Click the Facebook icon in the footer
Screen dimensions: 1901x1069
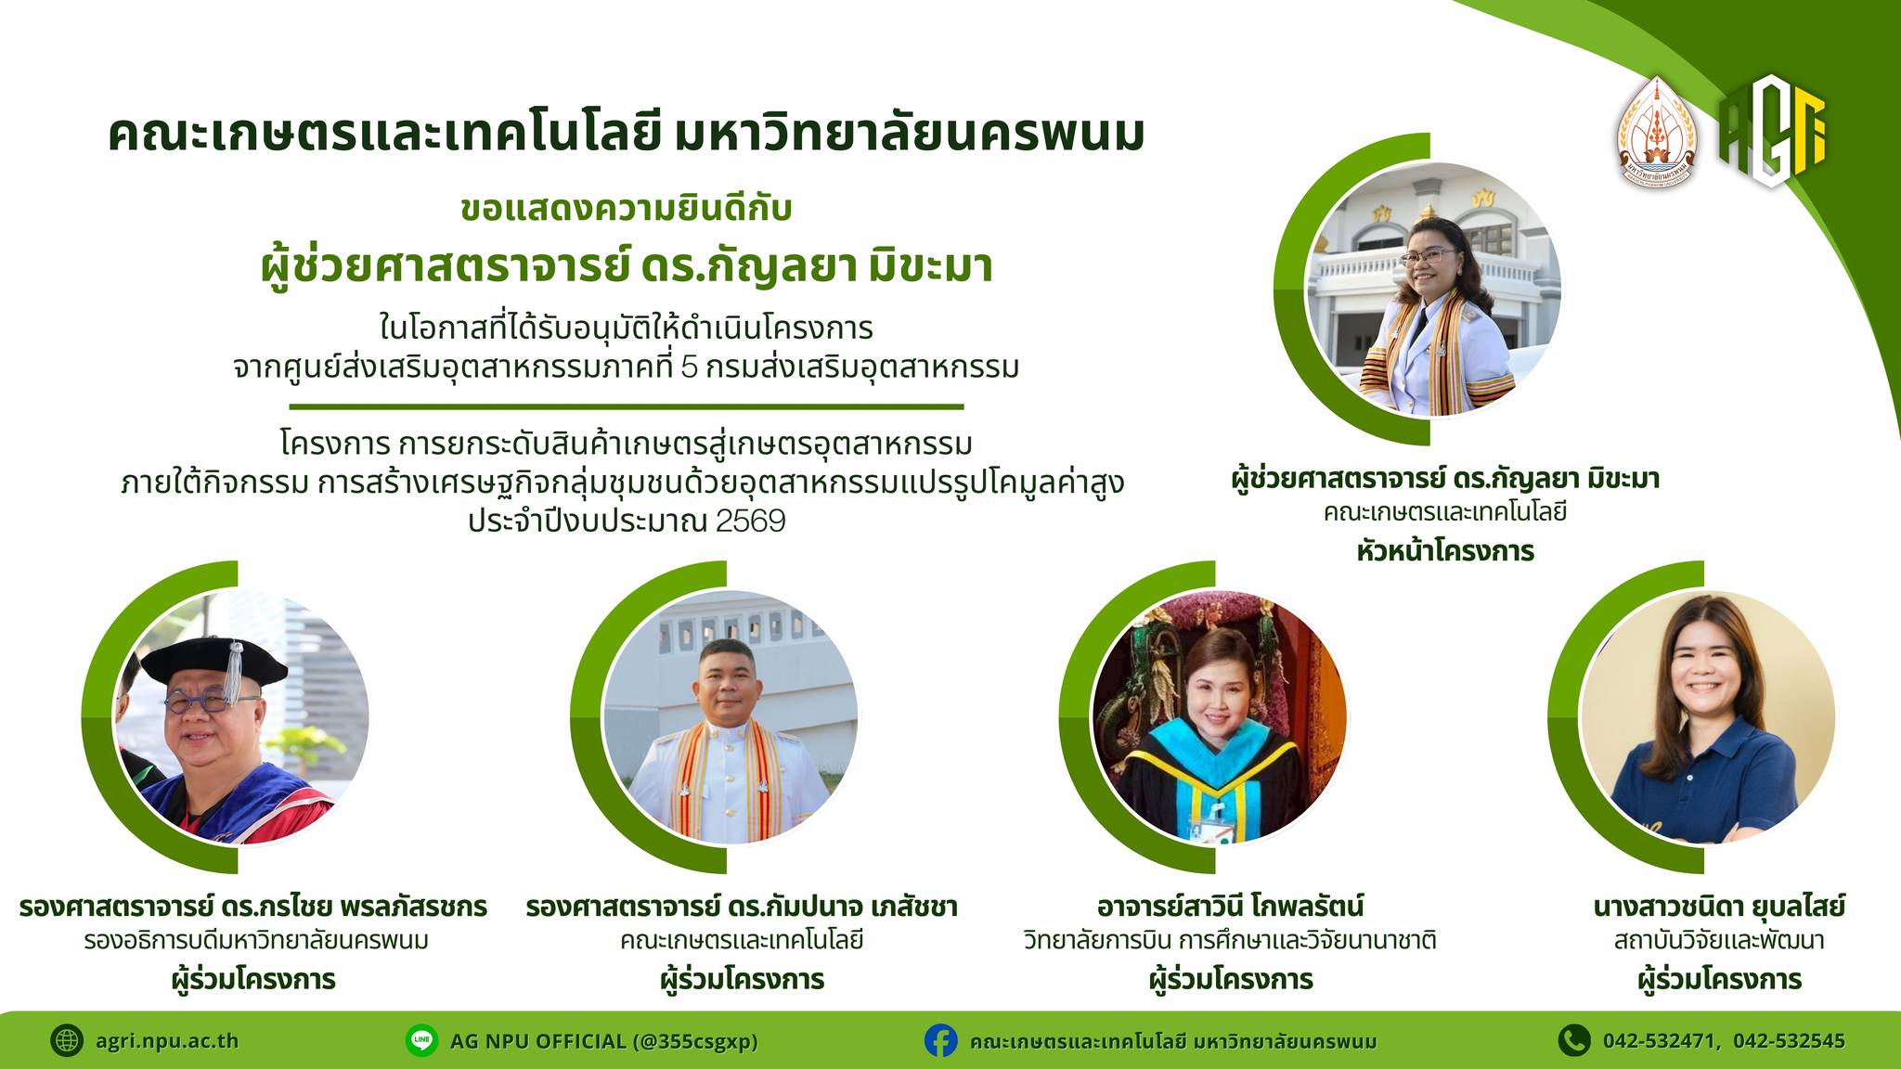(940, 1040)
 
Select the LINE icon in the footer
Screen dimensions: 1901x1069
(421, 1040)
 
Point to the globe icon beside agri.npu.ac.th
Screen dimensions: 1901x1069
(67, 1040)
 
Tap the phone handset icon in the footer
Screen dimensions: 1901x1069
(1572, 1040)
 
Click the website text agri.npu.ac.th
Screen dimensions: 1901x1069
(167, 1041)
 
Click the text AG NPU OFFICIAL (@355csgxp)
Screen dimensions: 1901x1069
(604, 1041)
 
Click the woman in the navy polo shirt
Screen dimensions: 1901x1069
(1706, 719)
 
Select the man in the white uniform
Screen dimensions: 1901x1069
(730, 742)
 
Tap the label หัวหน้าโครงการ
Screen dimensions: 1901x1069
(1445, 551)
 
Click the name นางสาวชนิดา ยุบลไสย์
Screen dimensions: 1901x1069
(1719, 906)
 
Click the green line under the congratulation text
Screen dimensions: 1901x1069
(627, 406)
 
